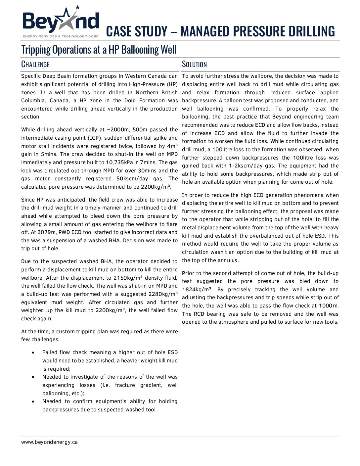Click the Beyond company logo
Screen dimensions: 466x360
click(x=61, y=22)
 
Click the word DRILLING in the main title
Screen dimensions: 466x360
click(x=312, y=31)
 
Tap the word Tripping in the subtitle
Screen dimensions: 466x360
click(x=36, y=50)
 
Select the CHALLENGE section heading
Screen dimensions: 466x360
click(x=35, y=64)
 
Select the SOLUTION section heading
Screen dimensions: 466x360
click(x=194, y=64)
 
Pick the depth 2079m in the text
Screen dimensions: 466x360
click(x=47, y=232)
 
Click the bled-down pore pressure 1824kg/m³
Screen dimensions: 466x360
click(x=197, y=289)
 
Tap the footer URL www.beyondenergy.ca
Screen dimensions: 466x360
click(x=50, y=442)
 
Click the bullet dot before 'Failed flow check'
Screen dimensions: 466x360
click(x=33, y=353)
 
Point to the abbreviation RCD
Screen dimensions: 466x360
click(x=199, y=314)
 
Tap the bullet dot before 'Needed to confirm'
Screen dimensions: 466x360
click(x=33, y=402)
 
